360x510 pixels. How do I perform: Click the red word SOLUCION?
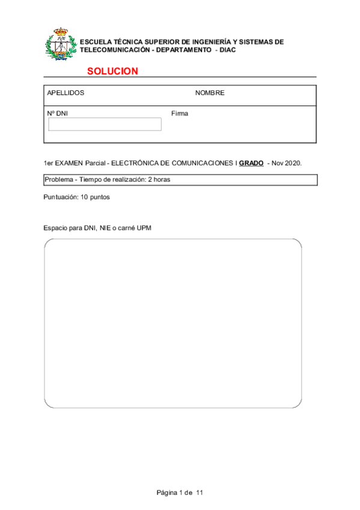point(112,71)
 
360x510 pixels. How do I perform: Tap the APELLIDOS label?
point(66,93)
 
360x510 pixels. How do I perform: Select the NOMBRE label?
point(210,93)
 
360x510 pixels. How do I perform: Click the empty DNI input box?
point(105,124)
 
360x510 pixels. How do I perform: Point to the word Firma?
point(179,113)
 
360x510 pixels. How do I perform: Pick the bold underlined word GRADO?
point(251,163)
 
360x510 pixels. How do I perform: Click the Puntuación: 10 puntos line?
point(76,197)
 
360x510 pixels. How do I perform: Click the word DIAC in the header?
point(228,50)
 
